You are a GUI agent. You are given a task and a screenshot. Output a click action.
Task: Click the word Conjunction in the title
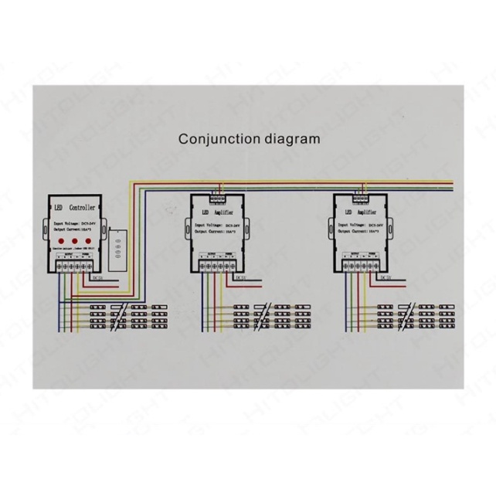point(218,140)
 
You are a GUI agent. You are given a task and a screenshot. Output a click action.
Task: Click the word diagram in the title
point(290,140)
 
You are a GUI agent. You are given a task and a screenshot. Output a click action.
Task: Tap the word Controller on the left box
point(82,209)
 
